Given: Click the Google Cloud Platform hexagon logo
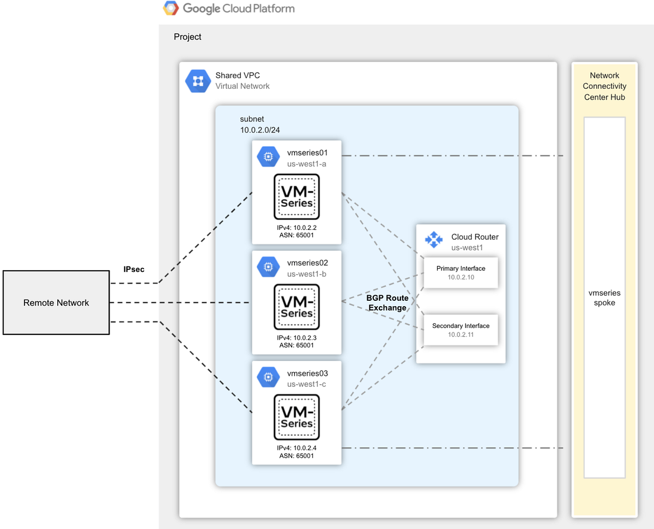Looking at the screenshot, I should tap(171, 9).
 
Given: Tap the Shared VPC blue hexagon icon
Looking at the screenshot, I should tap(197, 81).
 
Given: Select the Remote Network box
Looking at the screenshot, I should tap(56, 302).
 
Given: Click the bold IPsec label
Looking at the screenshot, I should tap(134, 269).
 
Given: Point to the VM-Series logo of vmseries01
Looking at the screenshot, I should tap(296, 197).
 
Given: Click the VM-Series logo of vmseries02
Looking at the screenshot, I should tap(296, 307).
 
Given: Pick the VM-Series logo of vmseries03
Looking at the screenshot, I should tap(296, 417).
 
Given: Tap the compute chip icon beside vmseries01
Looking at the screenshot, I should tap(268, 157).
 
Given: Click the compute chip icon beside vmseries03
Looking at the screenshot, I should tap(268, 377).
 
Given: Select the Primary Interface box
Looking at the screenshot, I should tap(461, 272).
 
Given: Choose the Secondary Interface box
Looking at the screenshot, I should tap(461, 330).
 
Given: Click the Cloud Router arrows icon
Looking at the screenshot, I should tap(434, 240).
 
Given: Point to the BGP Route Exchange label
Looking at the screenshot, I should tap(387, 303).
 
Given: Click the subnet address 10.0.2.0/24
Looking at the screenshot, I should tap(260, 130).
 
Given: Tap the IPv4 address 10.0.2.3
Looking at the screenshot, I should tap(296, 338).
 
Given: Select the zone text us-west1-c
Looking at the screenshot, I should tap(307, 384).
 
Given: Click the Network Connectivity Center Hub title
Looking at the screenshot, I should tap(604, 86).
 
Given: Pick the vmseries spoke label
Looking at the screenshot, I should tap(604, 297).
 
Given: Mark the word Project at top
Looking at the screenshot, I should tap(187, 37).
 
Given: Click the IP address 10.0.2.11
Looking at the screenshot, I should tap(461, 335).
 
